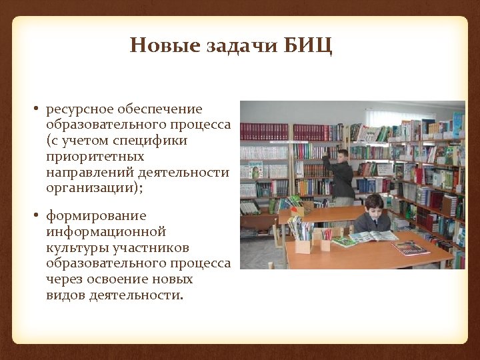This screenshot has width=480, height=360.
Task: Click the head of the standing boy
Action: tap(343, 155)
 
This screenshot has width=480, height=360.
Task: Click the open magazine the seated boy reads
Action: tap(374, 236)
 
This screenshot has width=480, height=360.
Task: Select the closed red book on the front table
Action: tap(411, 248)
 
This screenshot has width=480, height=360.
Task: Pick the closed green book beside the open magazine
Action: tap(344, 241)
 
